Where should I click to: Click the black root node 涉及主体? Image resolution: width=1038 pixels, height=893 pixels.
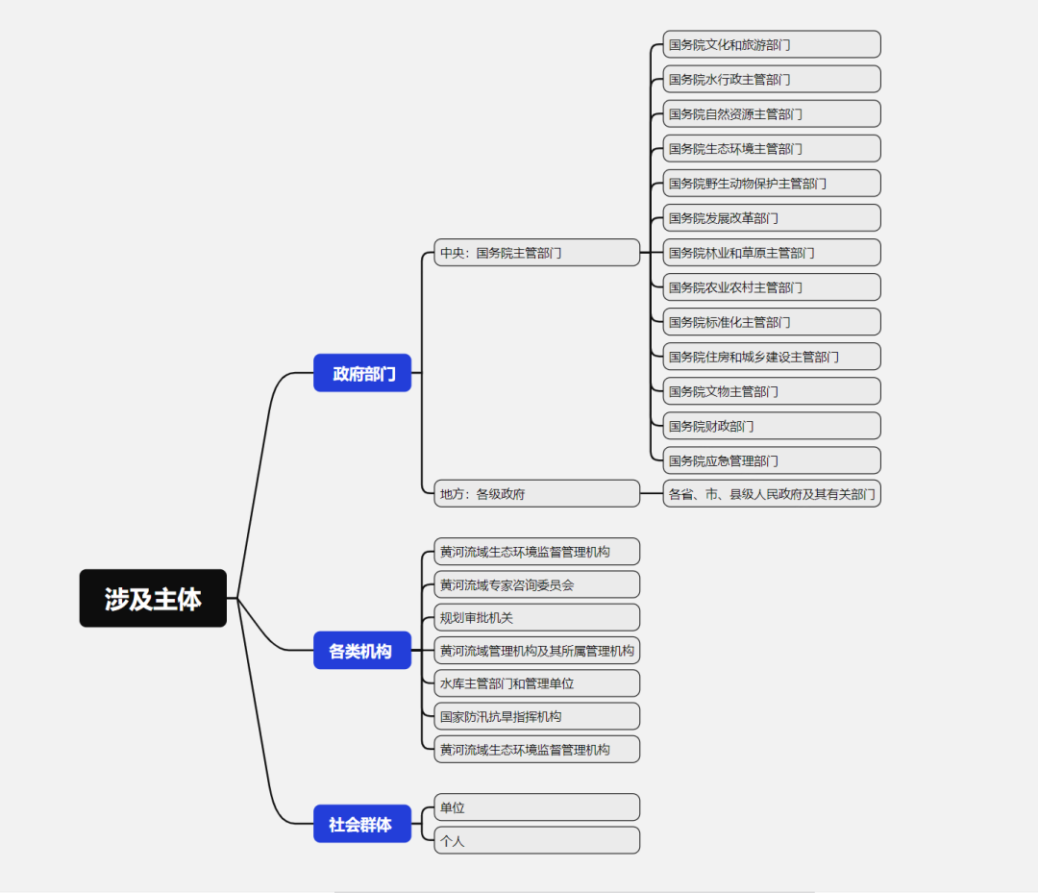(153, 598)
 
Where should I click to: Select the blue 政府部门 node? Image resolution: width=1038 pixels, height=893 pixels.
(362, 373)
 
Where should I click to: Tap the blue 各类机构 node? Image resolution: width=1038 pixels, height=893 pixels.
(362, 651)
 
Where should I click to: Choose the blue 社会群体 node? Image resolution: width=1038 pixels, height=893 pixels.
(362, 824)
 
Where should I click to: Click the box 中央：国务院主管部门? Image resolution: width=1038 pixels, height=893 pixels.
(536, 253)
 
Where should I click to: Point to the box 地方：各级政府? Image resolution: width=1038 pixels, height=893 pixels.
(536, 494)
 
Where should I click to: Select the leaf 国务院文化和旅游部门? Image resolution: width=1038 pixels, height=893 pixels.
(771, 44)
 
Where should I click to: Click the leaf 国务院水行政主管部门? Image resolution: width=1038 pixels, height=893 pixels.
(771, 79)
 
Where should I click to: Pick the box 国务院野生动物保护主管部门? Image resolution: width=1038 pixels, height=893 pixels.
(771, 183)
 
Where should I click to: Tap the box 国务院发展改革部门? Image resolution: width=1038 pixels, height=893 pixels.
(771, 218)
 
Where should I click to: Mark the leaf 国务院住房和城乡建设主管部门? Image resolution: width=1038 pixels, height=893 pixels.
(771, 357)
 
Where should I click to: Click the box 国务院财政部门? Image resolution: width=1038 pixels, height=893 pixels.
(771, 426)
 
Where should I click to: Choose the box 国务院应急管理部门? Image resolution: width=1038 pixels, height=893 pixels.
(771, 460)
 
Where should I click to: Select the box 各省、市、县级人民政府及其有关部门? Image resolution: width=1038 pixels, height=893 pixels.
(771, 494)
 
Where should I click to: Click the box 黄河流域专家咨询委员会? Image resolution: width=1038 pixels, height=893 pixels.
(536, 584)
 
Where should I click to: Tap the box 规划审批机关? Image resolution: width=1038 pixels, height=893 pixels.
(536, 617)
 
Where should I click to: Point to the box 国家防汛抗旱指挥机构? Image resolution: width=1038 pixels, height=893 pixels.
(536, 716)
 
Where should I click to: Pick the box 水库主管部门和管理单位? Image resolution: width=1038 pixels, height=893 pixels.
(536, 683)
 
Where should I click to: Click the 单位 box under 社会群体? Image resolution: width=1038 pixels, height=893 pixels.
(536, 807)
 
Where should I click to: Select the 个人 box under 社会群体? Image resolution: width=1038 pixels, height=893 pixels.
(536, 840)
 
